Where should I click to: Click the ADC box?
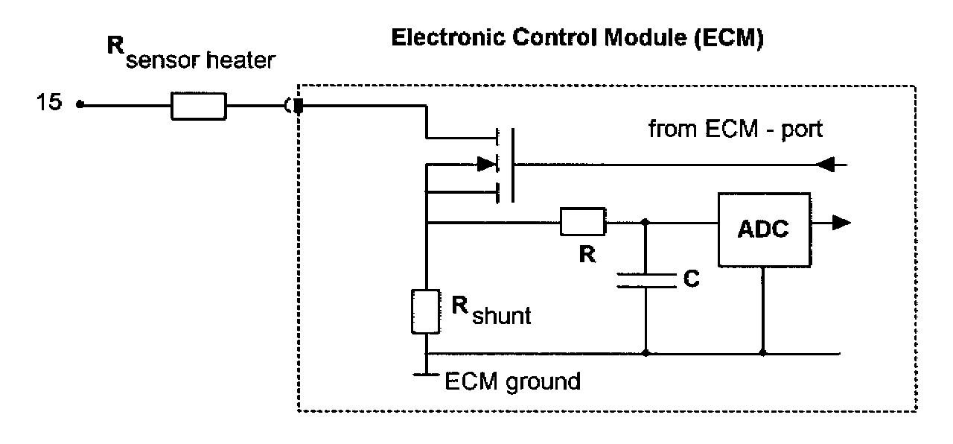pyautogui.click(x=762, y=229)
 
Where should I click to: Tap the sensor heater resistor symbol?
pyautogui.click(x=198, y=107)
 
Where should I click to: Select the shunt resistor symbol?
pyautogui.click(x=425, y=311)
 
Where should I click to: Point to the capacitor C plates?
pyautogui.click(x=645, y=281)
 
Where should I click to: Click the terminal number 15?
pyautogui.click(x=50, y=103)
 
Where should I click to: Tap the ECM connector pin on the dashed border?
pyautogui.click(x=299, y=107)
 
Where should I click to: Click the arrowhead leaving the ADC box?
pyautogui.click(x=841, y=221)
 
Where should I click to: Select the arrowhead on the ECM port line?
pyautogui.click(x=827, y=165)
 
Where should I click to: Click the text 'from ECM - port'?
pyautogui.click(x=736, y=130)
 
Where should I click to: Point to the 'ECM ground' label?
pyautogui.click(x=511, y=382)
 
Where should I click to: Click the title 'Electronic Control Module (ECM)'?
pyautogui.click(x=578, y=39)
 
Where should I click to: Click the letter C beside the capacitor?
pyautogui.click(x=692, y=279)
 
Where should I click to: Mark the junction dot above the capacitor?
pyautogui.click(x=645, y=221)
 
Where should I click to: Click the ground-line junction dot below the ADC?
pyautogui.click(x=762, y=352)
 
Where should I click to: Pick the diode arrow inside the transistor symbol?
pyautogui.click(x=487, y=162)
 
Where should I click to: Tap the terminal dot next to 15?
pyautogui.click(x=79, y=105)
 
